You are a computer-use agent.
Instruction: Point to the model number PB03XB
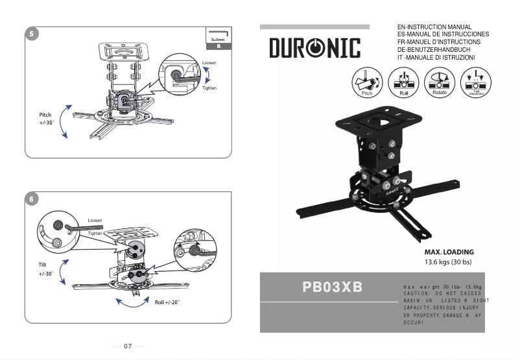tap(332, 286)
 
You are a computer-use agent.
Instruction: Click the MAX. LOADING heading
tap(449, 252)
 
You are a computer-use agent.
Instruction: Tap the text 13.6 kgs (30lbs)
tap(448, 262)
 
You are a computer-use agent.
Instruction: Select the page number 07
tap(128, 346)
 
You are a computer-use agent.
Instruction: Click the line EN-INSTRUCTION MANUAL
tap(434, 27)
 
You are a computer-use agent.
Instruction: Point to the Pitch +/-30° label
tap(45, 119)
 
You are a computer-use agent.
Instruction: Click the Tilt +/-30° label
tap(45, 269)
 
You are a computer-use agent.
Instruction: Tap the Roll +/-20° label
tap(167, 302)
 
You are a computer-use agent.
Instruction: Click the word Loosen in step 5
tap(209, 63)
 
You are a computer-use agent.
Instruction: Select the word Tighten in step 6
tap(95, 233)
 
